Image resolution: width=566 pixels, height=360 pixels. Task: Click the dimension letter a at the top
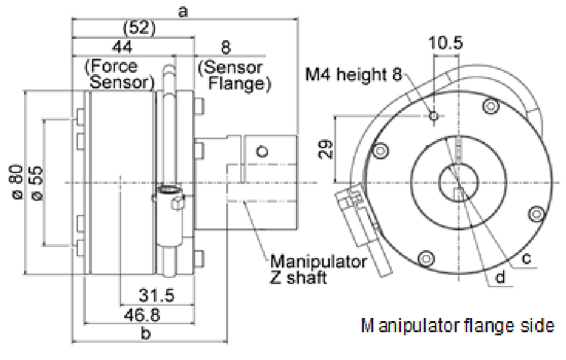pyautogui.click(x=183, y=10)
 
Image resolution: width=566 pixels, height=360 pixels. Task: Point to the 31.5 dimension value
pyautogui.click(x=154, y=295)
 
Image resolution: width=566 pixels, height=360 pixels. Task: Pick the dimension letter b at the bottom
pyautogui.click(x=146, y=334)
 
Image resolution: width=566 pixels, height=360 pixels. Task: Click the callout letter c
pyautogui.click(x=526, y=259)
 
